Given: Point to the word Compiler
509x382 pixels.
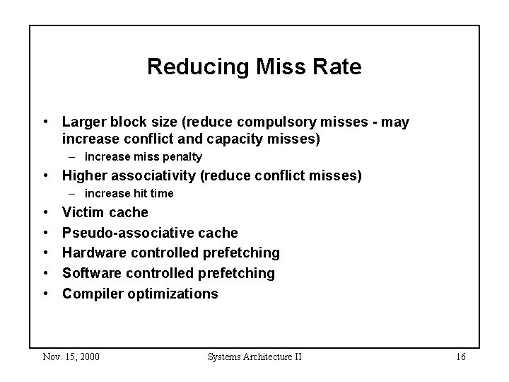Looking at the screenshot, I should coord(92,294).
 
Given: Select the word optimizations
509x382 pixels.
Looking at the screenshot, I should coord(173,294).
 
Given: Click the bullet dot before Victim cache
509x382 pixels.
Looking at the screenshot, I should coord(45,212).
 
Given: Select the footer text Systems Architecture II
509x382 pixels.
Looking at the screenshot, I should coord(255,357).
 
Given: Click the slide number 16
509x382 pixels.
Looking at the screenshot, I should coord(460,357).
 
